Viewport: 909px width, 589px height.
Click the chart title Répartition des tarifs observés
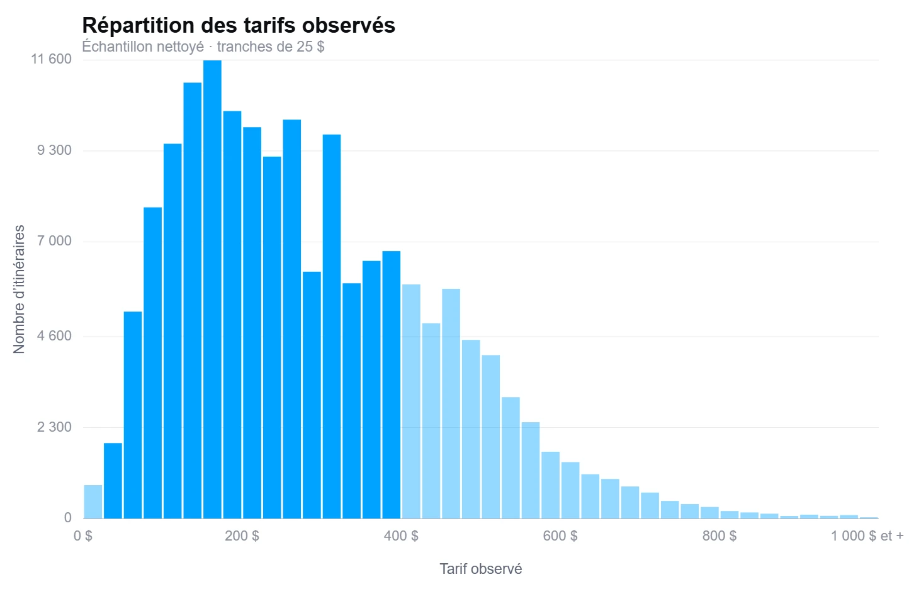point(239,25)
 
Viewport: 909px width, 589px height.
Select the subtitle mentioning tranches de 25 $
point(203,47)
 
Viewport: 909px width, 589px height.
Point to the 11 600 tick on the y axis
point(51,59)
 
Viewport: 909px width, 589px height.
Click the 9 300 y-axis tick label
point(54,150)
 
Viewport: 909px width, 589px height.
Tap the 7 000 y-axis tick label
point(54,242)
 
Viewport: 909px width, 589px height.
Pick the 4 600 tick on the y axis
point(54,336)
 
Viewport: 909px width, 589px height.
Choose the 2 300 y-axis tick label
point(54,427)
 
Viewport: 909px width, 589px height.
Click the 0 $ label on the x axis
point(83,536)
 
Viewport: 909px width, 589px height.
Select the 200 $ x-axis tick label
point(242,536)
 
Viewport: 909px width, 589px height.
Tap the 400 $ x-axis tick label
point(401,536)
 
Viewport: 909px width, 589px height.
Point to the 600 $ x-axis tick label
point(560,536)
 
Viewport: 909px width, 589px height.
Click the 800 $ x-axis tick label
point(719,536)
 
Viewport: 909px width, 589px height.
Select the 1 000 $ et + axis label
point(867,536)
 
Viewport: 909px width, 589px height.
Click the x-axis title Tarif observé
point(481,569)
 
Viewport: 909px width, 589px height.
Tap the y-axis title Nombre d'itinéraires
point(19,289)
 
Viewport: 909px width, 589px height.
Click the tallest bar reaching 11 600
point(212,289)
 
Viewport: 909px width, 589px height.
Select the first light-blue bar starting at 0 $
point(93,502)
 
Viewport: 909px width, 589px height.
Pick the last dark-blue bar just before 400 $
point(391,384)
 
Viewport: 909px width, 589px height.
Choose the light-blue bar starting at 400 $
point(411,401)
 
